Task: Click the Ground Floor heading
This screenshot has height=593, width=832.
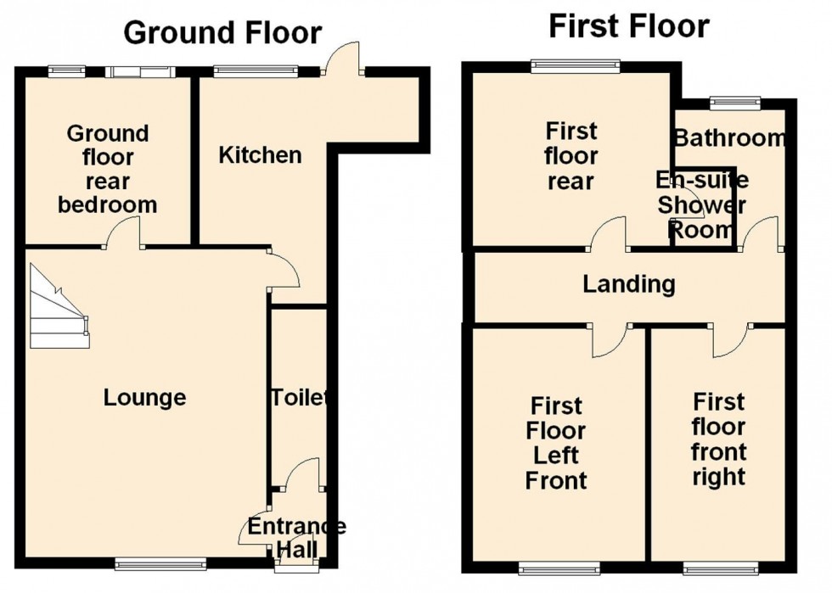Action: tap(222, 32)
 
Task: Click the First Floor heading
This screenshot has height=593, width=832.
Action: tap(629, 26)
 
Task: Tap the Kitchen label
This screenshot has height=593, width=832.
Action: tap(260, 155)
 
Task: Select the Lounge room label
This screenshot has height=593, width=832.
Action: tap(144, 397)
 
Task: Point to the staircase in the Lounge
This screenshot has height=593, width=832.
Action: tap(58, 306)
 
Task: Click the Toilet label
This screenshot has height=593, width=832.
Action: tap(299, 397)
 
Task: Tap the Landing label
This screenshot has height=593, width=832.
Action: tap(629, 283)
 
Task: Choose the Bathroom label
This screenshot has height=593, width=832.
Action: tap(729, 138)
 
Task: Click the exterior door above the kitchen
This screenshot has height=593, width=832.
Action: tap(344, 59)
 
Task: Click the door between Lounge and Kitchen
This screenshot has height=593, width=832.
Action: tap(284, 270)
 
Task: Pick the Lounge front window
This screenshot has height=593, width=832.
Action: tap(160, 564)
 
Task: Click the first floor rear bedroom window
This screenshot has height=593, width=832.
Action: tap(576, 66)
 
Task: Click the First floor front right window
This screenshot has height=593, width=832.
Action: tap(720, 568)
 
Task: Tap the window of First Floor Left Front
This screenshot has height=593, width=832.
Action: tap(559, 568)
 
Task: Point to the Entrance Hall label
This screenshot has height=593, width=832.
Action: tap(296, 538)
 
